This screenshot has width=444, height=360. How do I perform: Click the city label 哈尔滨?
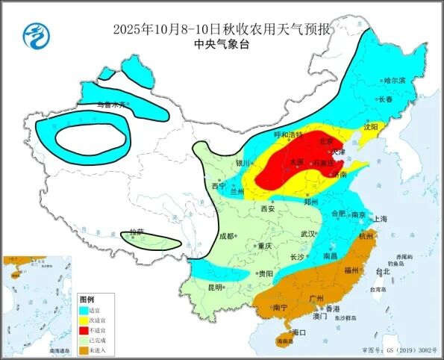[393, 80]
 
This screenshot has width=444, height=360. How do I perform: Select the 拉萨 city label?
[134, 232]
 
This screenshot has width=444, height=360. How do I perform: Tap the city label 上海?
[380, 219]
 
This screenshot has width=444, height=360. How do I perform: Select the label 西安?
[267, 209]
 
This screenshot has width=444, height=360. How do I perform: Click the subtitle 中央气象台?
[222, 44]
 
